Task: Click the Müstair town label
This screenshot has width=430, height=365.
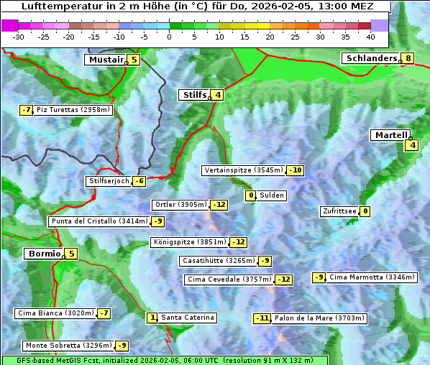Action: click(105, 60)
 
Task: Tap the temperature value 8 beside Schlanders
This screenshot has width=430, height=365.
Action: click(408, 58)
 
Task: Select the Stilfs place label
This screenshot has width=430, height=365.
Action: click(193, 95)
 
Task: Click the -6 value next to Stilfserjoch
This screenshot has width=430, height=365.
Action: click(139, 181)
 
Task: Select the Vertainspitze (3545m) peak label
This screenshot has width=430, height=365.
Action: click(243, 170)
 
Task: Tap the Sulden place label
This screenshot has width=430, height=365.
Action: click(272, 195)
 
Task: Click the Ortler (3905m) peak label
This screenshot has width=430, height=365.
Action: click(181, 205)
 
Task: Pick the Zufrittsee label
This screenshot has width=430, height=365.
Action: click(339, 211)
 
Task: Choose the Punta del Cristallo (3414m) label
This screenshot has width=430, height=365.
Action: click(99, 221)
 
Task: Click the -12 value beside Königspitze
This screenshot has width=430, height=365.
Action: click(239, 242)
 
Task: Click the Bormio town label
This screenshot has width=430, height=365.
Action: click(43, 254)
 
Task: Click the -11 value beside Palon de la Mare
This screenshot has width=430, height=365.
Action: click(263, 318)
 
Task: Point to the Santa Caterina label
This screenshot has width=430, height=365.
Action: click(187, 318)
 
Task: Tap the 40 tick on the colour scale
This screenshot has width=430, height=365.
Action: click(370, 36)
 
